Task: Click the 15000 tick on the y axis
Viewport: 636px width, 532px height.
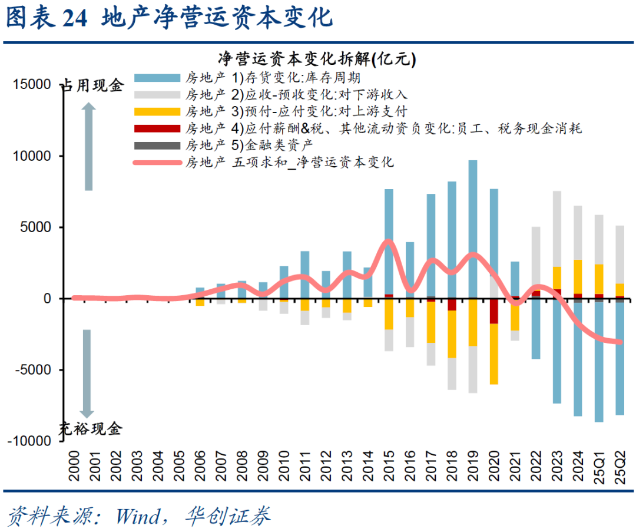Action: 32,85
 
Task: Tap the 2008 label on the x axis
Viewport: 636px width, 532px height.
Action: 242,466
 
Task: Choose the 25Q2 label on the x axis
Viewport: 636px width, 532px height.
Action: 620,466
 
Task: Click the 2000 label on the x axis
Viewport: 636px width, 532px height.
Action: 74,466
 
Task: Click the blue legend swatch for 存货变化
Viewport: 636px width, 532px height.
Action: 157,77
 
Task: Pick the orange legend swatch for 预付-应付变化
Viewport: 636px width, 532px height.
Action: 157,111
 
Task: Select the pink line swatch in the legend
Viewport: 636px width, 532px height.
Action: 157,162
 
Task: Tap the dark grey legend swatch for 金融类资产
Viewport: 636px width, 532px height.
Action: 157,145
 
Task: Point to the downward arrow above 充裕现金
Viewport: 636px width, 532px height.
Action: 87,374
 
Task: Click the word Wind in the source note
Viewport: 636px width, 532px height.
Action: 137,516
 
